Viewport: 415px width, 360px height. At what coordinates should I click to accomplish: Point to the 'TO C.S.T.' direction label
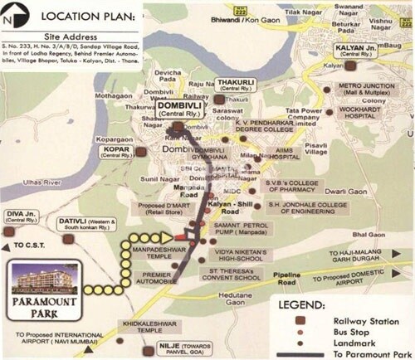(33, 246)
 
